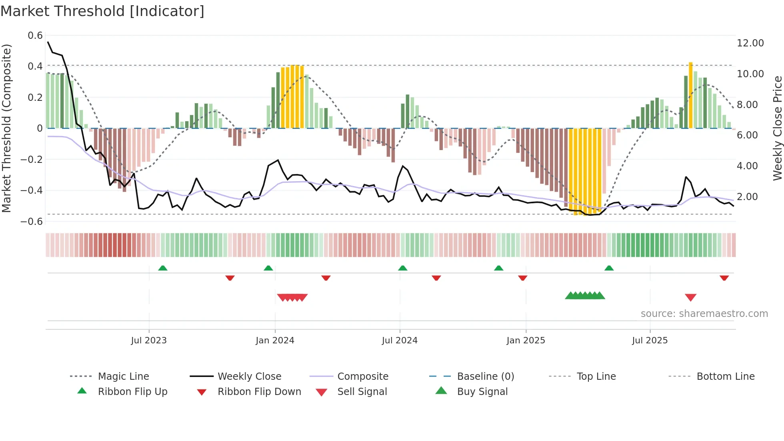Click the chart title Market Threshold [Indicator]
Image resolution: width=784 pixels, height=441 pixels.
pos(102,11)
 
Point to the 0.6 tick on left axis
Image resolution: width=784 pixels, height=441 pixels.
pos(35,36)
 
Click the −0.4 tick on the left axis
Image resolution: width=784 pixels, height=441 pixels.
pos(32,190)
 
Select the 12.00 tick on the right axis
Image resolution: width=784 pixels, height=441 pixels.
pos(750,43)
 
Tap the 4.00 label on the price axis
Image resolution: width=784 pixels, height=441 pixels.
pos(747,166)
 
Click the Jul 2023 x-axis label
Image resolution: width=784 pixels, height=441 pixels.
pos(149,341)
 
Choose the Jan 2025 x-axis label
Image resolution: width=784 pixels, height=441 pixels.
pos(526,341)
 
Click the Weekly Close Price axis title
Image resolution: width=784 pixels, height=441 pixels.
pos(777,128)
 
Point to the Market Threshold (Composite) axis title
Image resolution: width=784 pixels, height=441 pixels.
pos(6,128)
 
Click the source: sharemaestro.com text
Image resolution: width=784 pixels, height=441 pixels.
pos(704,314)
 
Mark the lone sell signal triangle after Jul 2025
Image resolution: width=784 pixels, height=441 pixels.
pos(690,297)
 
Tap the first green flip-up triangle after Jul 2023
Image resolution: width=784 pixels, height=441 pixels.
pos(162,268)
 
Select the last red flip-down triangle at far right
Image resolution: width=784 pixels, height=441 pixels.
pos(724,278)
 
